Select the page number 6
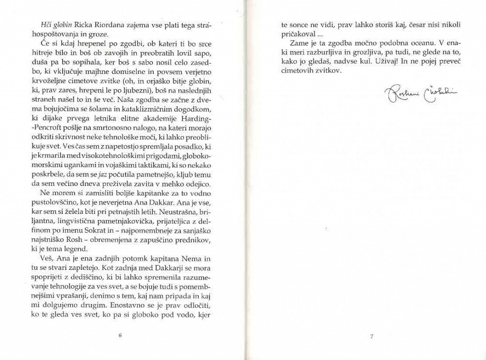120,335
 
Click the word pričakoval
298,34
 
